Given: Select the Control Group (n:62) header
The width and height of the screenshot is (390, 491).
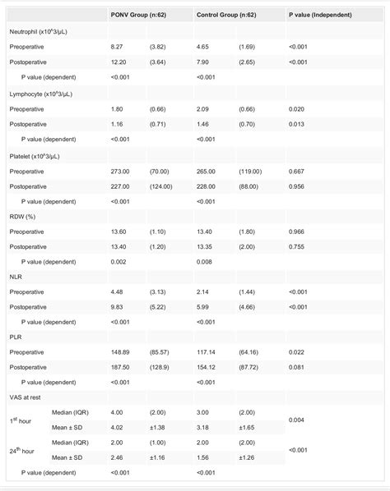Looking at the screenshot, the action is point(228,16).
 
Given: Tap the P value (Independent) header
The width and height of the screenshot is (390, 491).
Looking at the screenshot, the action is point(322,16).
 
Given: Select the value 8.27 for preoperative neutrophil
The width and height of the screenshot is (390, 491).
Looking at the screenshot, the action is point(118,48).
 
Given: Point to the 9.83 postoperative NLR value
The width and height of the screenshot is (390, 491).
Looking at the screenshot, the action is point(118,305).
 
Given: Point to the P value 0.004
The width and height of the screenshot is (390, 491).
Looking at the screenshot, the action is point(297,419).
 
